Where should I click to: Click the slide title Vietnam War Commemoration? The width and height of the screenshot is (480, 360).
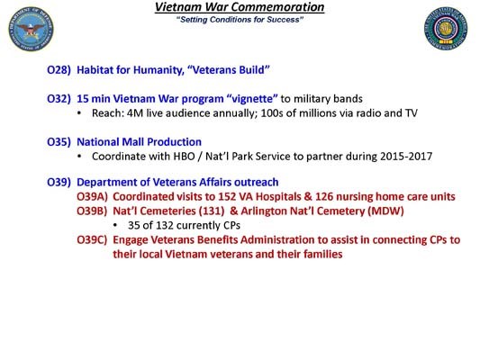click(x=240, y=7)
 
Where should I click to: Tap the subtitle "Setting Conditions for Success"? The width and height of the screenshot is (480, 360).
click(x=240, y=19)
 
